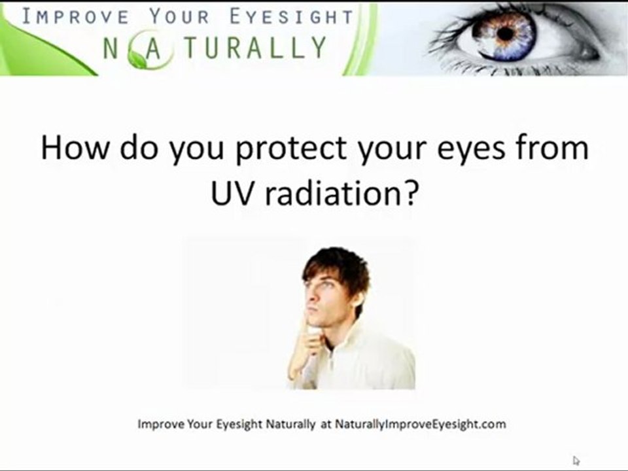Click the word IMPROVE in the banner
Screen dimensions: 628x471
click(x=75, y=16)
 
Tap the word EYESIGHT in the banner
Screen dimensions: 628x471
click(x=292, y=16)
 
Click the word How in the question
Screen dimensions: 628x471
click(x=75, y=147)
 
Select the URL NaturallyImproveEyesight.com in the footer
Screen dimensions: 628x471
click(x=420, y=424)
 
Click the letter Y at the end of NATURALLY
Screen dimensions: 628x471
click(x=318, y=47)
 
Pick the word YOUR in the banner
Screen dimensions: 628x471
click(x=179, y=16)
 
